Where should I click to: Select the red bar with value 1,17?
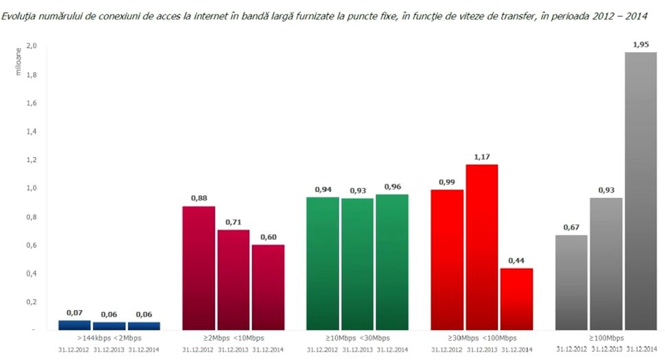pyautogui.click(x=481, y=247)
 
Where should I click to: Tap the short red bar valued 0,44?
pyautogui.click(x=516, y=299)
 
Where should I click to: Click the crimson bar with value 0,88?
pyautogui.click(x=199, y=267)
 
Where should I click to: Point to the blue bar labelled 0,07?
pyautogui.click(x=74, y=325)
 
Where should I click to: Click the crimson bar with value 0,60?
pyautogui.click(x=268, y=287)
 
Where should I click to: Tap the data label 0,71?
pyautogui.click(x=234, y=222)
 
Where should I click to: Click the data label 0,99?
pyautogui.click(x=446, y=182)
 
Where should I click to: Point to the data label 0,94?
pyautogui.click(x=322, y=189)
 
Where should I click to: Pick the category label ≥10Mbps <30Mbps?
pyautogui.click(x=357, y=338)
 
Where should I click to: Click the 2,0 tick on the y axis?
pyautogui.click(x=31, y=46)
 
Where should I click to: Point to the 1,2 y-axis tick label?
pyautogui.click(x=31, y=160)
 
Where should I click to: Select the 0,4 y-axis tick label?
pyautogui.click(x=31, y=274)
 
